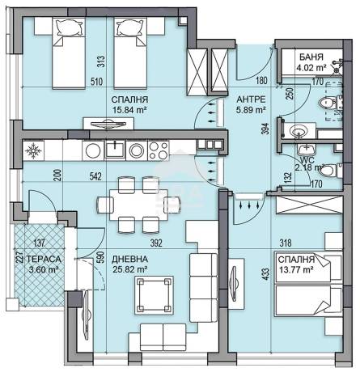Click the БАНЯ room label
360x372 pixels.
click(311, 57)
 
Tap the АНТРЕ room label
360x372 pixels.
click(251, 99)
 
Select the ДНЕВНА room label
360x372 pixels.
click(129, 259)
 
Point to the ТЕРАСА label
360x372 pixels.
click(44, 259)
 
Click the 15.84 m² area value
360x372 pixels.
click(129, 110)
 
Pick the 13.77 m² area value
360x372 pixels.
click(296, 269)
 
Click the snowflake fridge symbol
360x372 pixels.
click(33, 150)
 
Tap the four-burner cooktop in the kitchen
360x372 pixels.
click(159, 150)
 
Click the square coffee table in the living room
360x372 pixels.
click(154, 295)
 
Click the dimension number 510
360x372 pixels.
click(96, 82)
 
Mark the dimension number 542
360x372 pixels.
click(95, 176)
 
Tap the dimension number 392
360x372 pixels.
click(156, 243)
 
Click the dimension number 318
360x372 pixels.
click(286, 243)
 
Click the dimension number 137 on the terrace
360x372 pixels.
click(40, 243)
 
